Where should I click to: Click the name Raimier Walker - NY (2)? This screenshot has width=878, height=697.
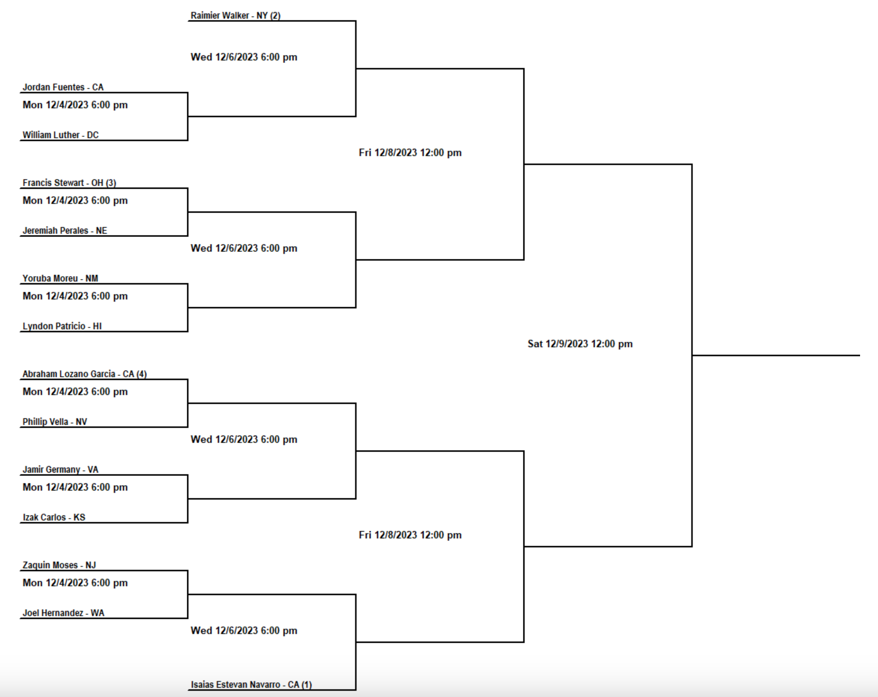coord(236,15)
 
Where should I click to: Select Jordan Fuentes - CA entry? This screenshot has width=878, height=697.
coord(63,87)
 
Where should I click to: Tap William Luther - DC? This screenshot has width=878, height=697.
coord(61,135)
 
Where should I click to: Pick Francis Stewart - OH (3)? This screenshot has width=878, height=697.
coord(69,183)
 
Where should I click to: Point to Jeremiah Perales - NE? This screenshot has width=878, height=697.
coord(65,231)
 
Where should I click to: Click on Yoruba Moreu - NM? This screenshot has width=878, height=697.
coord(60,278)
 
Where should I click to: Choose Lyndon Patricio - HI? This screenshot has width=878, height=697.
coord(62,326)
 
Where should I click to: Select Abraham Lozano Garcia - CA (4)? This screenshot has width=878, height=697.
coord(85,374)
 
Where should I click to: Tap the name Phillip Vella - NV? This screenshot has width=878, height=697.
coord(55,422)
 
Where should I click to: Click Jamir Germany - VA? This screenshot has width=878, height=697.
coord(60,469)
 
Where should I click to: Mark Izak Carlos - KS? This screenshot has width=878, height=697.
coord(54,517)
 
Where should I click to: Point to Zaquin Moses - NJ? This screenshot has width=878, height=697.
coord(59,565)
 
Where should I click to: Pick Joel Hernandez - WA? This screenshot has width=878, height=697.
coord(63,613)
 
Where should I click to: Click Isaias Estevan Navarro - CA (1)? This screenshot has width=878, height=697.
coord(251,685)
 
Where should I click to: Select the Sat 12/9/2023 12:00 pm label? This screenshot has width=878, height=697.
coord(580,344)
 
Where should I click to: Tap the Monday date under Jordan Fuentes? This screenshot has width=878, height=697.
coord(75,105)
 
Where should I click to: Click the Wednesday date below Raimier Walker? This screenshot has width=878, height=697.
coord(244,57)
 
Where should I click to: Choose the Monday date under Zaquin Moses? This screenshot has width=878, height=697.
coord(75,583)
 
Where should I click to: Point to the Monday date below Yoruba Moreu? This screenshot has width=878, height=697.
coord(75,296)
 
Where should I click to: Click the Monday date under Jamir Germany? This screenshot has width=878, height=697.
coord(75,487)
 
